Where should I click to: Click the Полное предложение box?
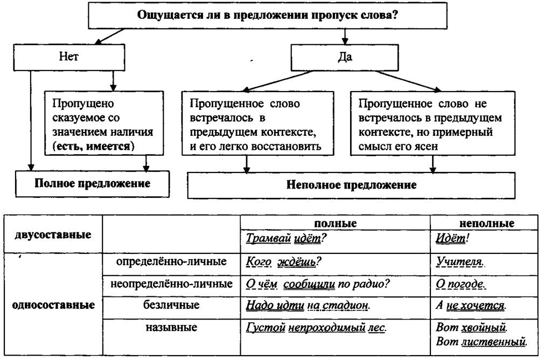click(x=92, y=183)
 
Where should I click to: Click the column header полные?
click(x=335, y=223)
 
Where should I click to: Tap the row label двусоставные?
click(x=53, y=235)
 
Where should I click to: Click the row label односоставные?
click(x=53, y=305)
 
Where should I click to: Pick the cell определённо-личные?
click(x=171, y=261)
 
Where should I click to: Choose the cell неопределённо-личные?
click(x=171, y=283)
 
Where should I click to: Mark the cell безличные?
click(x=171, y=306)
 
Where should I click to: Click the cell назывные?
click(x=171, y=327)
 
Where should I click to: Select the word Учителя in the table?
click(x=458, y=262)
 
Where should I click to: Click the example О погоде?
click(x=460, y=284)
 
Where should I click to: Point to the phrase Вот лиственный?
click(x=480, y=341)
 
